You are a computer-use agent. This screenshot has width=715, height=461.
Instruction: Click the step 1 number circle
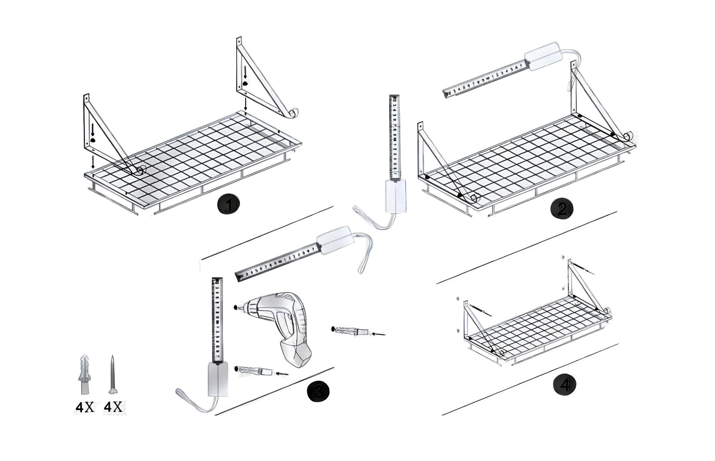[x=228, y=205]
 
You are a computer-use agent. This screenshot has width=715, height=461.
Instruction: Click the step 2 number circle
[x=561, y=210]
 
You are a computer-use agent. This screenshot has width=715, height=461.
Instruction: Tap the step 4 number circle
[x=564, y=385]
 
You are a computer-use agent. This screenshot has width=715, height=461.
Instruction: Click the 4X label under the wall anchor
[x=84, y=407]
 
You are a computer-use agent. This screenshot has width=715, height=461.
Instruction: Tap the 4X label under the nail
[x=114, y=407]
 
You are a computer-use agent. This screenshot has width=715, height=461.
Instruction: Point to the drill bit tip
[x=235, y=307]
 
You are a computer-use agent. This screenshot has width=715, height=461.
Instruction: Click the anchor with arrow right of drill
[x=352, y=331]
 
